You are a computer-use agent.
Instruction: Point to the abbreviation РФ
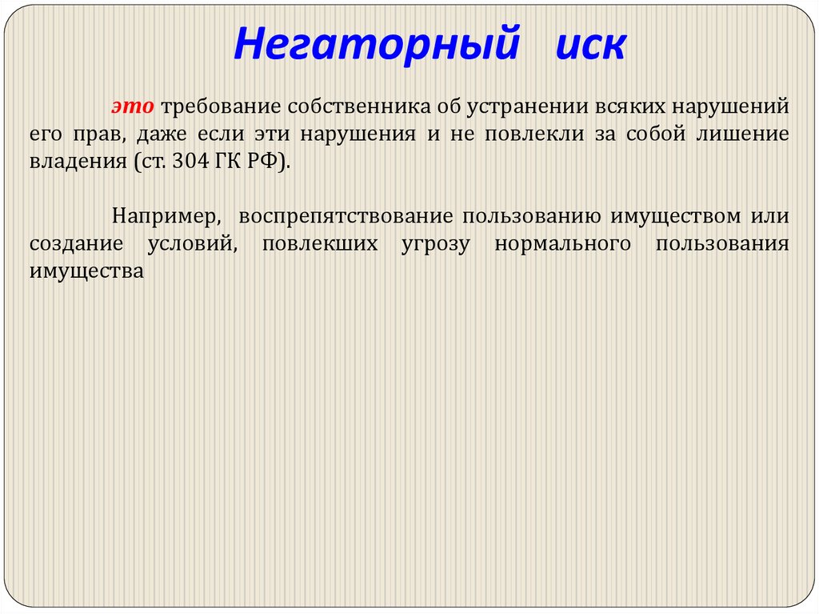click(267, 161)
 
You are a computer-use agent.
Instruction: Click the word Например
click(165, 217)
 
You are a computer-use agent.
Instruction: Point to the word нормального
click(562, 244)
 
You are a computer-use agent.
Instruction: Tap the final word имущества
click(86, 271)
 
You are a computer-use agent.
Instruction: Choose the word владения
click(71, 161)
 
